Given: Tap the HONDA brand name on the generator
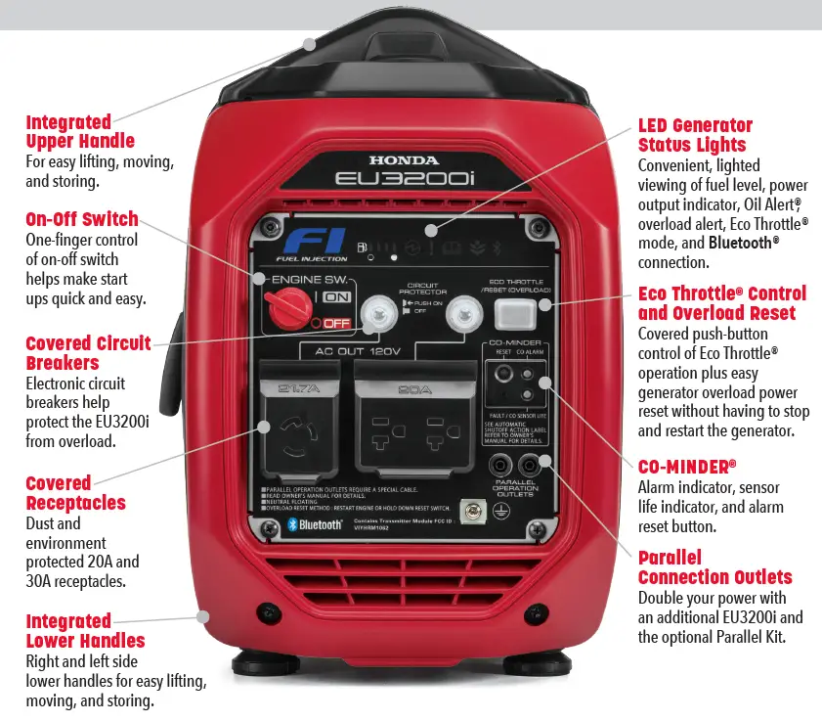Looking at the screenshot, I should tap(404, 159).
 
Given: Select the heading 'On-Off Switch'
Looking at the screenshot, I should tap(82, 219).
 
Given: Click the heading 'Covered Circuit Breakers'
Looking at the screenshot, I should tap(88, 353).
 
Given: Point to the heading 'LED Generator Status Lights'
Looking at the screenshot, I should tap(695, 136).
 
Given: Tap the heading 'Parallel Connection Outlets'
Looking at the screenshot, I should tap(714, 567).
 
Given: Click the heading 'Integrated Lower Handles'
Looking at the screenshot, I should tap(85, 631).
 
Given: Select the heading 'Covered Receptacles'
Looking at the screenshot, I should tap(75, 493).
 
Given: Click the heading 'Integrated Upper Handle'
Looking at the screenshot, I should tap(80, 132).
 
